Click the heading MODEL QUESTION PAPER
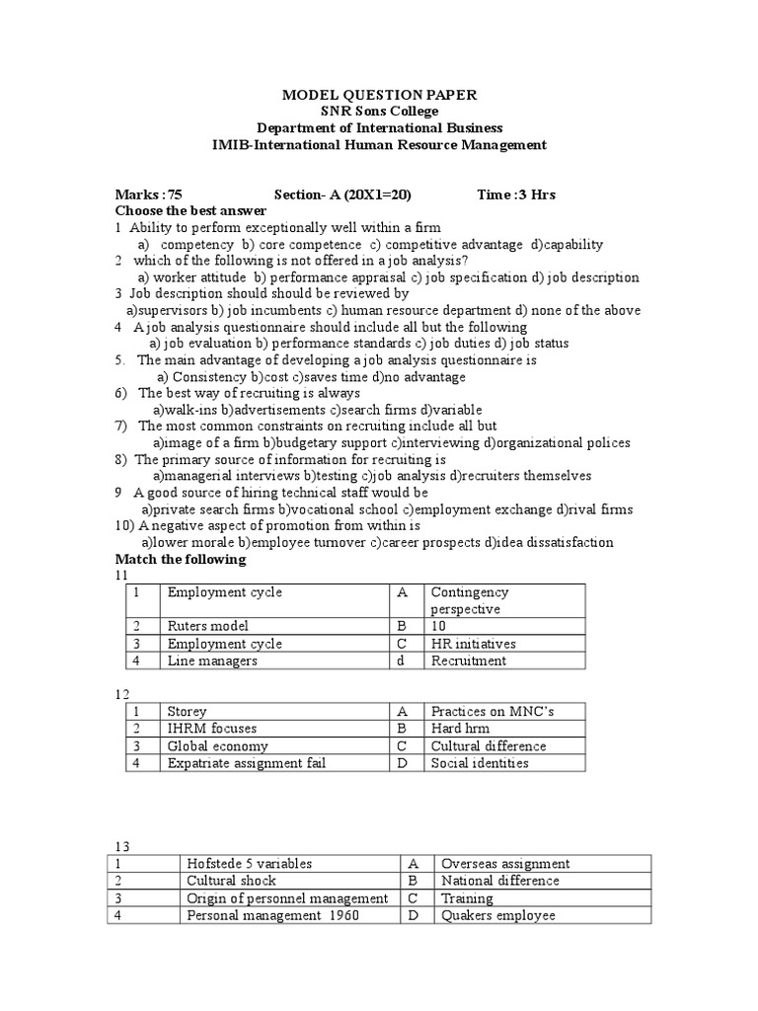coord(379,95)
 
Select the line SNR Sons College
coord(379,112)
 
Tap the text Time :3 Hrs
coord(516,194)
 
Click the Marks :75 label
coord(149,194)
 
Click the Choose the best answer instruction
coord(190,211)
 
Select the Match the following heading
coord(181,560)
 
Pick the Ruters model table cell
coord(208,626)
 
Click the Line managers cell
coord(212,661)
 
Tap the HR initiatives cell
coord(473,644)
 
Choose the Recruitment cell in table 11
coord(469,661)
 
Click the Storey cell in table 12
coord(188,711)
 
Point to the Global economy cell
coord(217,746)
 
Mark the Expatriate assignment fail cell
coord(246,763)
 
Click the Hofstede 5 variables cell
coord(249,864)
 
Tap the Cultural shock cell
coord(231,881)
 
